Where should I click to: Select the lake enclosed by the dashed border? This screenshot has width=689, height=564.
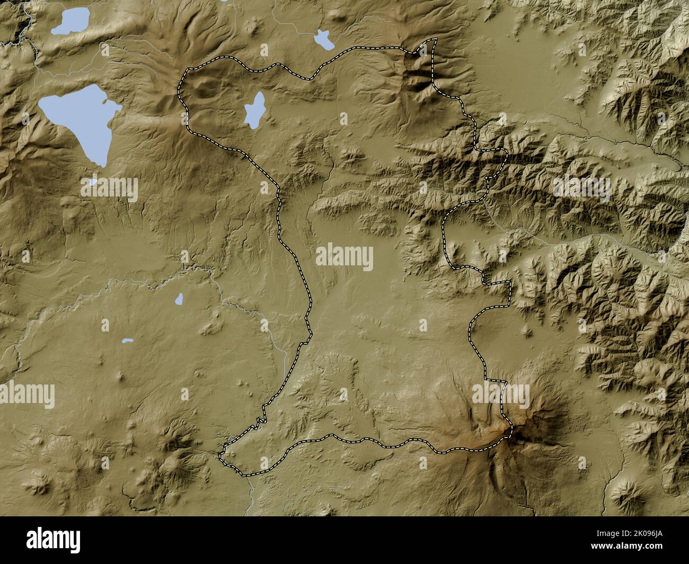[254, 110]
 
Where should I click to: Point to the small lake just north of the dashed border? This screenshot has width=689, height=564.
[322, 39]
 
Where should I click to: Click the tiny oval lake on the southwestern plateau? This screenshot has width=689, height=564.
[179, 299]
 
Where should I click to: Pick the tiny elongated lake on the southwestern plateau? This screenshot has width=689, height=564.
[127, 341]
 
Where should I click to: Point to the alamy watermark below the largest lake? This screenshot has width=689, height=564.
[110, 189]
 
